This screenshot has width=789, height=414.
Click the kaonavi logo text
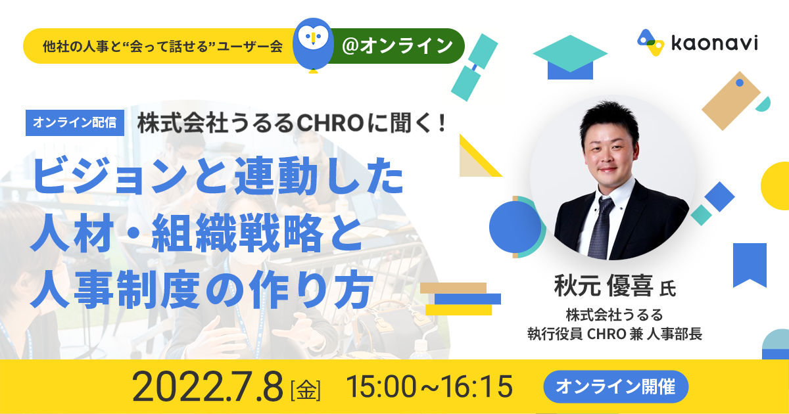click(715, 43)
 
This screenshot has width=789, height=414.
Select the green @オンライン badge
click(397, 46)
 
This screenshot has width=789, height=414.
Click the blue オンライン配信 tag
click(75, 122)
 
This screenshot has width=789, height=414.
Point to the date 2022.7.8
click(208, 386)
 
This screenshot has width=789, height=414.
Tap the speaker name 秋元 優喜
click(604, 285)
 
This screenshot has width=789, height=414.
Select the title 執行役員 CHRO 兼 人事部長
click(615, 334)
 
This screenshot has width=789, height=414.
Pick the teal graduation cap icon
click(570, 57)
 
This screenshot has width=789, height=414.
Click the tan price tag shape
click(731, 101)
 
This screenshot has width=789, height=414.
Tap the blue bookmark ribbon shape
click(750, 265)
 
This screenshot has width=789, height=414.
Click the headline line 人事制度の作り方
click(203, 289)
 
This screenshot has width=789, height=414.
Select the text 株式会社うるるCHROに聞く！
click(293, 124)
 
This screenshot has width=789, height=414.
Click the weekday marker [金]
click(305, 390)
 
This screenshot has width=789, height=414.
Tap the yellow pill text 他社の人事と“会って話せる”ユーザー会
click(162, 46)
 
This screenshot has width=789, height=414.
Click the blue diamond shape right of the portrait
click(719, 196)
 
